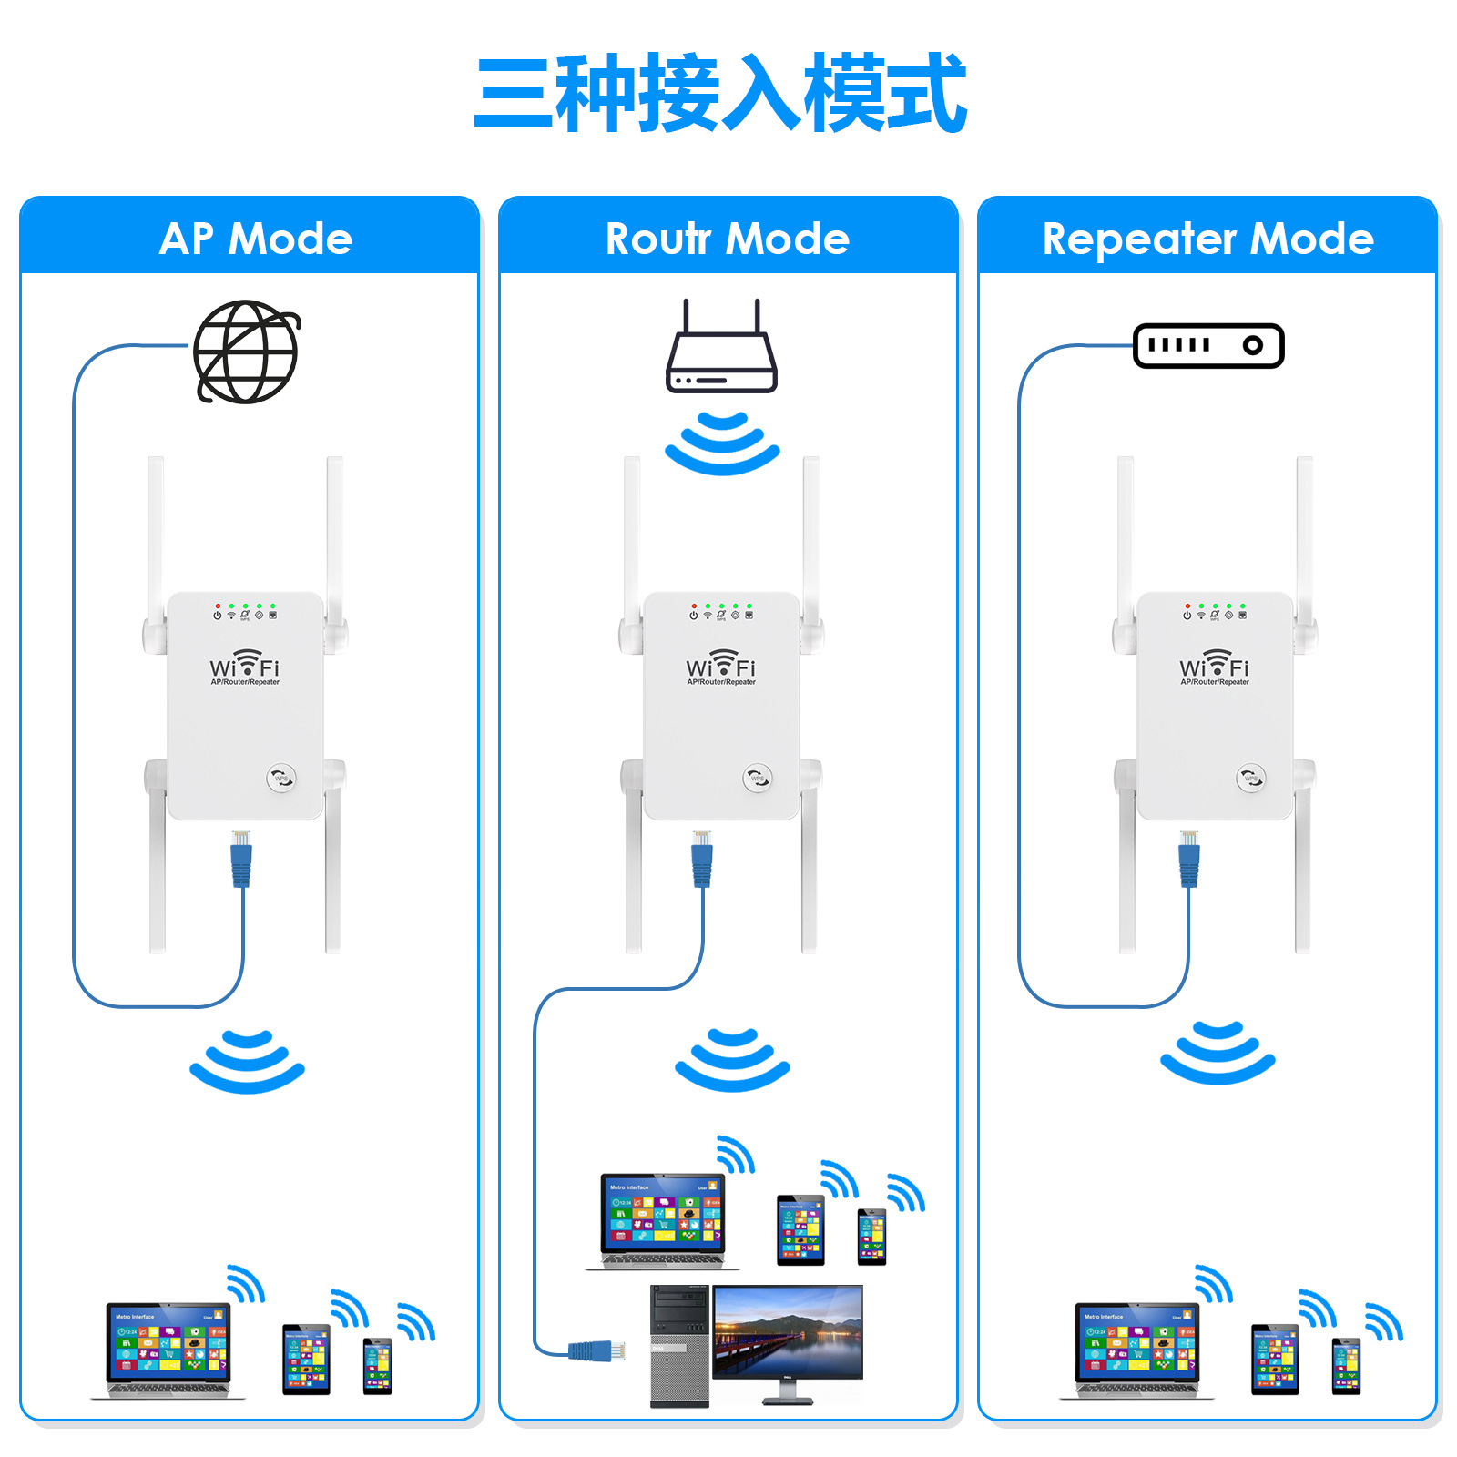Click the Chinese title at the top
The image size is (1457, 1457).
click(x=719, y=93)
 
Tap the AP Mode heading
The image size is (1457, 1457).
click(x=255, y=239)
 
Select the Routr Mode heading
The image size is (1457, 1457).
click(x=727, y=239)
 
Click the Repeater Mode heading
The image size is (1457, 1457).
click(x=1207, y=239)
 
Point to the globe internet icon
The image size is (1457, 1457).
click(x=246, y=352)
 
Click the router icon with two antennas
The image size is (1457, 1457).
click(x=721, y=351)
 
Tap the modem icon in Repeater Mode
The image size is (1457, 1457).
click(x=1208, y=346)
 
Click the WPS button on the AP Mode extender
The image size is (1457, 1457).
click(x=281, y=778)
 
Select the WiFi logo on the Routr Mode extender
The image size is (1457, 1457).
click(x=720, y=666)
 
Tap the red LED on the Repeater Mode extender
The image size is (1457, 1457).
click(x=1187, y=606)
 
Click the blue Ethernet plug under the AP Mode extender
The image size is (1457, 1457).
click(x=241, y=860)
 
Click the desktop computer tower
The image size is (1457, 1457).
click(x=679, y=1346)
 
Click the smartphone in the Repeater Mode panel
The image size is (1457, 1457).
click(x=1346, y=1366)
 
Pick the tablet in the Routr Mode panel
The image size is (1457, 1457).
click(x=800, y=1230)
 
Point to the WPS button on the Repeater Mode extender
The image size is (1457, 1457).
click(x=1251, y=778)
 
